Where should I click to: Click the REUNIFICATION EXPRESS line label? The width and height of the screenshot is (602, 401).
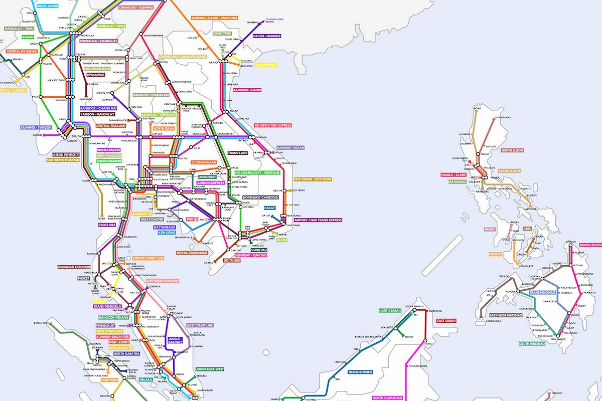click(x=273, y=125)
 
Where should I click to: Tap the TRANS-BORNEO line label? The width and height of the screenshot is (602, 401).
click(x=361, y=372)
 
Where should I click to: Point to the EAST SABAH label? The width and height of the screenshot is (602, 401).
click(x=446, y=320)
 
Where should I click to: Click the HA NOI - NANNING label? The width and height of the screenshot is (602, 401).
click(x=267, y=36)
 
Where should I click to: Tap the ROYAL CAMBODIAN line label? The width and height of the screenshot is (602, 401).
click(x=192, y=253)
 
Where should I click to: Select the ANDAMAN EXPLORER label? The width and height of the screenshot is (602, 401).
click(x=75, y=267)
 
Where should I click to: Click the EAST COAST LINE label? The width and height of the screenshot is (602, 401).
click(x=200, y=325)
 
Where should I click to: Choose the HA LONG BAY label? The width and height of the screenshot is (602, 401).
click(x=266, y=65)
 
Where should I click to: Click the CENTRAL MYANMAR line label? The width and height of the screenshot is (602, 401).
click(x=22, y=51)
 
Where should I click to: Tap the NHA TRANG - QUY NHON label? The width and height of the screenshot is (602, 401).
click(x=313, y=179)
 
